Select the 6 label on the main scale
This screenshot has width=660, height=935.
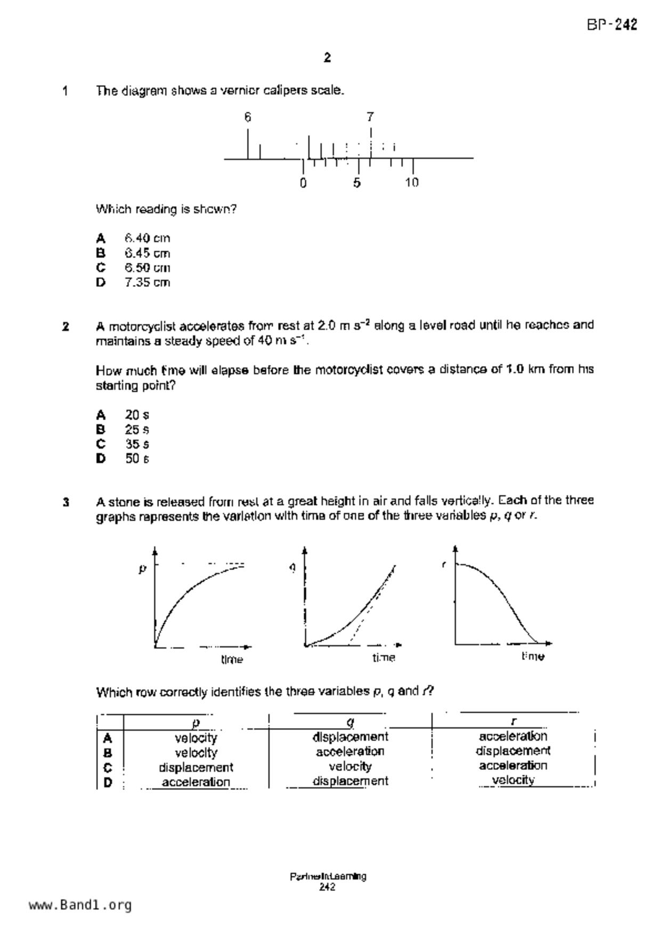click(248, 117)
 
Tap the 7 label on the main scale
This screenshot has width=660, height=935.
click(370, 117)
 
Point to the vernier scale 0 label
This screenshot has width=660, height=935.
click(303, 183)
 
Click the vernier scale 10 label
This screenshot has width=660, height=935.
click(412, 183)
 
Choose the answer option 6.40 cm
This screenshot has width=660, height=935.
click(147, 238)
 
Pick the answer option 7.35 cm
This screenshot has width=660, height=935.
click(147, 283)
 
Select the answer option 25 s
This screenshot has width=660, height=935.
click(137, 430)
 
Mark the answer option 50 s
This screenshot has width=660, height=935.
click(137, 458)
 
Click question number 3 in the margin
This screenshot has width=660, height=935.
click(66, 502)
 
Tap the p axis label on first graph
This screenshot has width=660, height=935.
click(142, 569)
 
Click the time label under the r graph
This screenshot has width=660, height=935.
click(533, 656)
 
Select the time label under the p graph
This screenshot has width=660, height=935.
click(232, 659)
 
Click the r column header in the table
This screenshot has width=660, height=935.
click(513, 722)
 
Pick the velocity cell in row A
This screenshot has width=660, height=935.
click(196, 738)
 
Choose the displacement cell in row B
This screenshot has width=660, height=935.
click(513, 751)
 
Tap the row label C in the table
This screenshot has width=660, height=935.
click(108, 768)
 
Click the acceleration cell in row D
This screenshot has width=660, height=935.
click(196, 782)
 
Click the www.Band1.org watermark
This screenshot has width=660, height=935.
click(80, 905)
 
